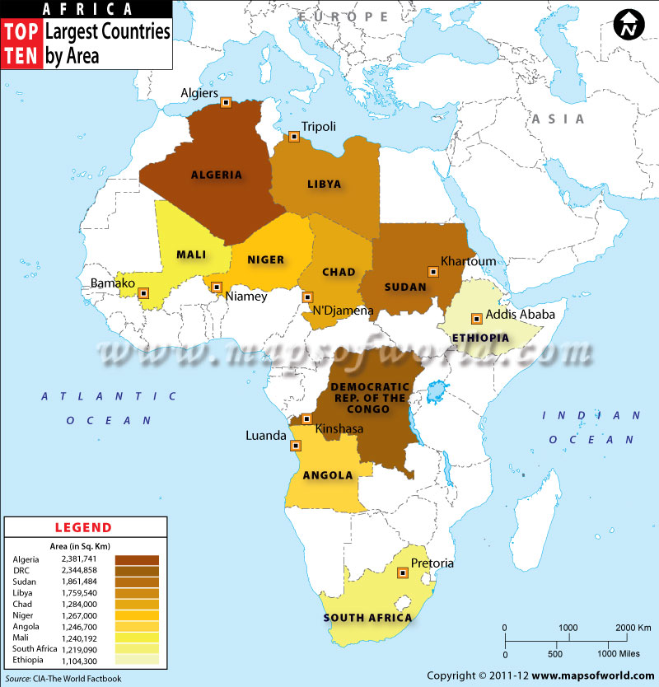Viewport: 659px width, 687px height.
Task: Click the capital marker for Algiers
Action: click(x=226, y=103)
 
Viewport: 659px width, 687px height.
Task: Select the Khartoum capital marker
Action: click(x=432, y=271)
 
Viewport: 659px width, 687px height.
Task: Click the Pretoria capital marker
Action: click(x=403, y=573)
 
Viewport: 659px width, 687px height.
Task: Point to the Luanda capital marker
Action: click(x=297, y=445)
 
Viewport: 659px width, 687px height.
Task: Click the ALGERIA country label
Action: click(x=217, y=175)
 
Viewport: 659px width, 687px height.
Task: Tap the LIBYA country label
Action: click(x=324, y=185)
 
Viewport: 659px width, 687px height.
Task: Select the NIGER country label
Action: click(x=266, y=259)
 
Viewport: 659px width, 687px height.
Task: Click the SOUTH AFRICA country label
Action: click(x=367, y=618)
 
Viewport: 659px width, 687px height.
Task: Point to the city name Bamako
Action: click(x=112, y=284)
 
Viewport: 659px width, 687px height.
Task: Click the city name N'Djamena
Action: click(x=343, y=311)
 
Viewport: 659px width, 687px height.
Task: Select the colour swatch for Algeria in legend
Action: click(x=137, y=559)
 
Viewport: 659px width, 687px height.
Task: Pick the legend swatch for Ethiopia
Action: click(x=137, y=659)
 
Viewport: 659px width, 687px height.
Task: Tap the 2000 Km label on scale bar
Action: click(x=633, y=628)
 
